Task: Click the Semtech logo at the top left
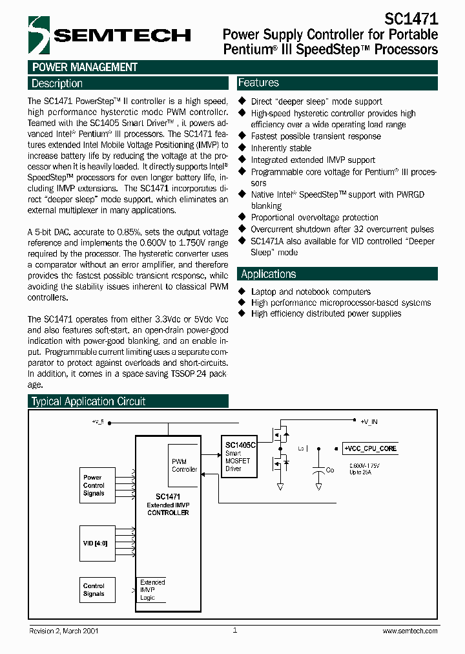[109, 34]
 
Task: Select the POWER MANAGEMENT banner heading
[85, 67]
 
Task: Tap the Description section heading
[57, 83]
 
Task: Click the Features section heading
[258, 83]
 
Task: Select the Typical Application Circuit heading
[88, 401]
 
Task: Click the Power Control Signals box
[94, 485]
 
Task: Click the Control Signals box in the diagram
[94, 589]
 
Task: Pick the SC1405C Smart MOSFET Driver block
[240, 456]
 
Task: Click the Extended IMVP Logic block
[152, 589]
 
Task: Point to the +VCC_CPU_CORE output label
[370, 448]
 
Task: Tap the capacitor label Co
[329, 470]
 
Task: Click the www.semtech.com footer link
[409, 631]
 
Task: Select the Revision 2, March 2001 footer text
[64, 631]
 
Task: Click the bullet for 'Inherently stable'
[242, 148]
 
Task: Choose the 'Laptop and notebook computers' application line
[311, 291]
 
